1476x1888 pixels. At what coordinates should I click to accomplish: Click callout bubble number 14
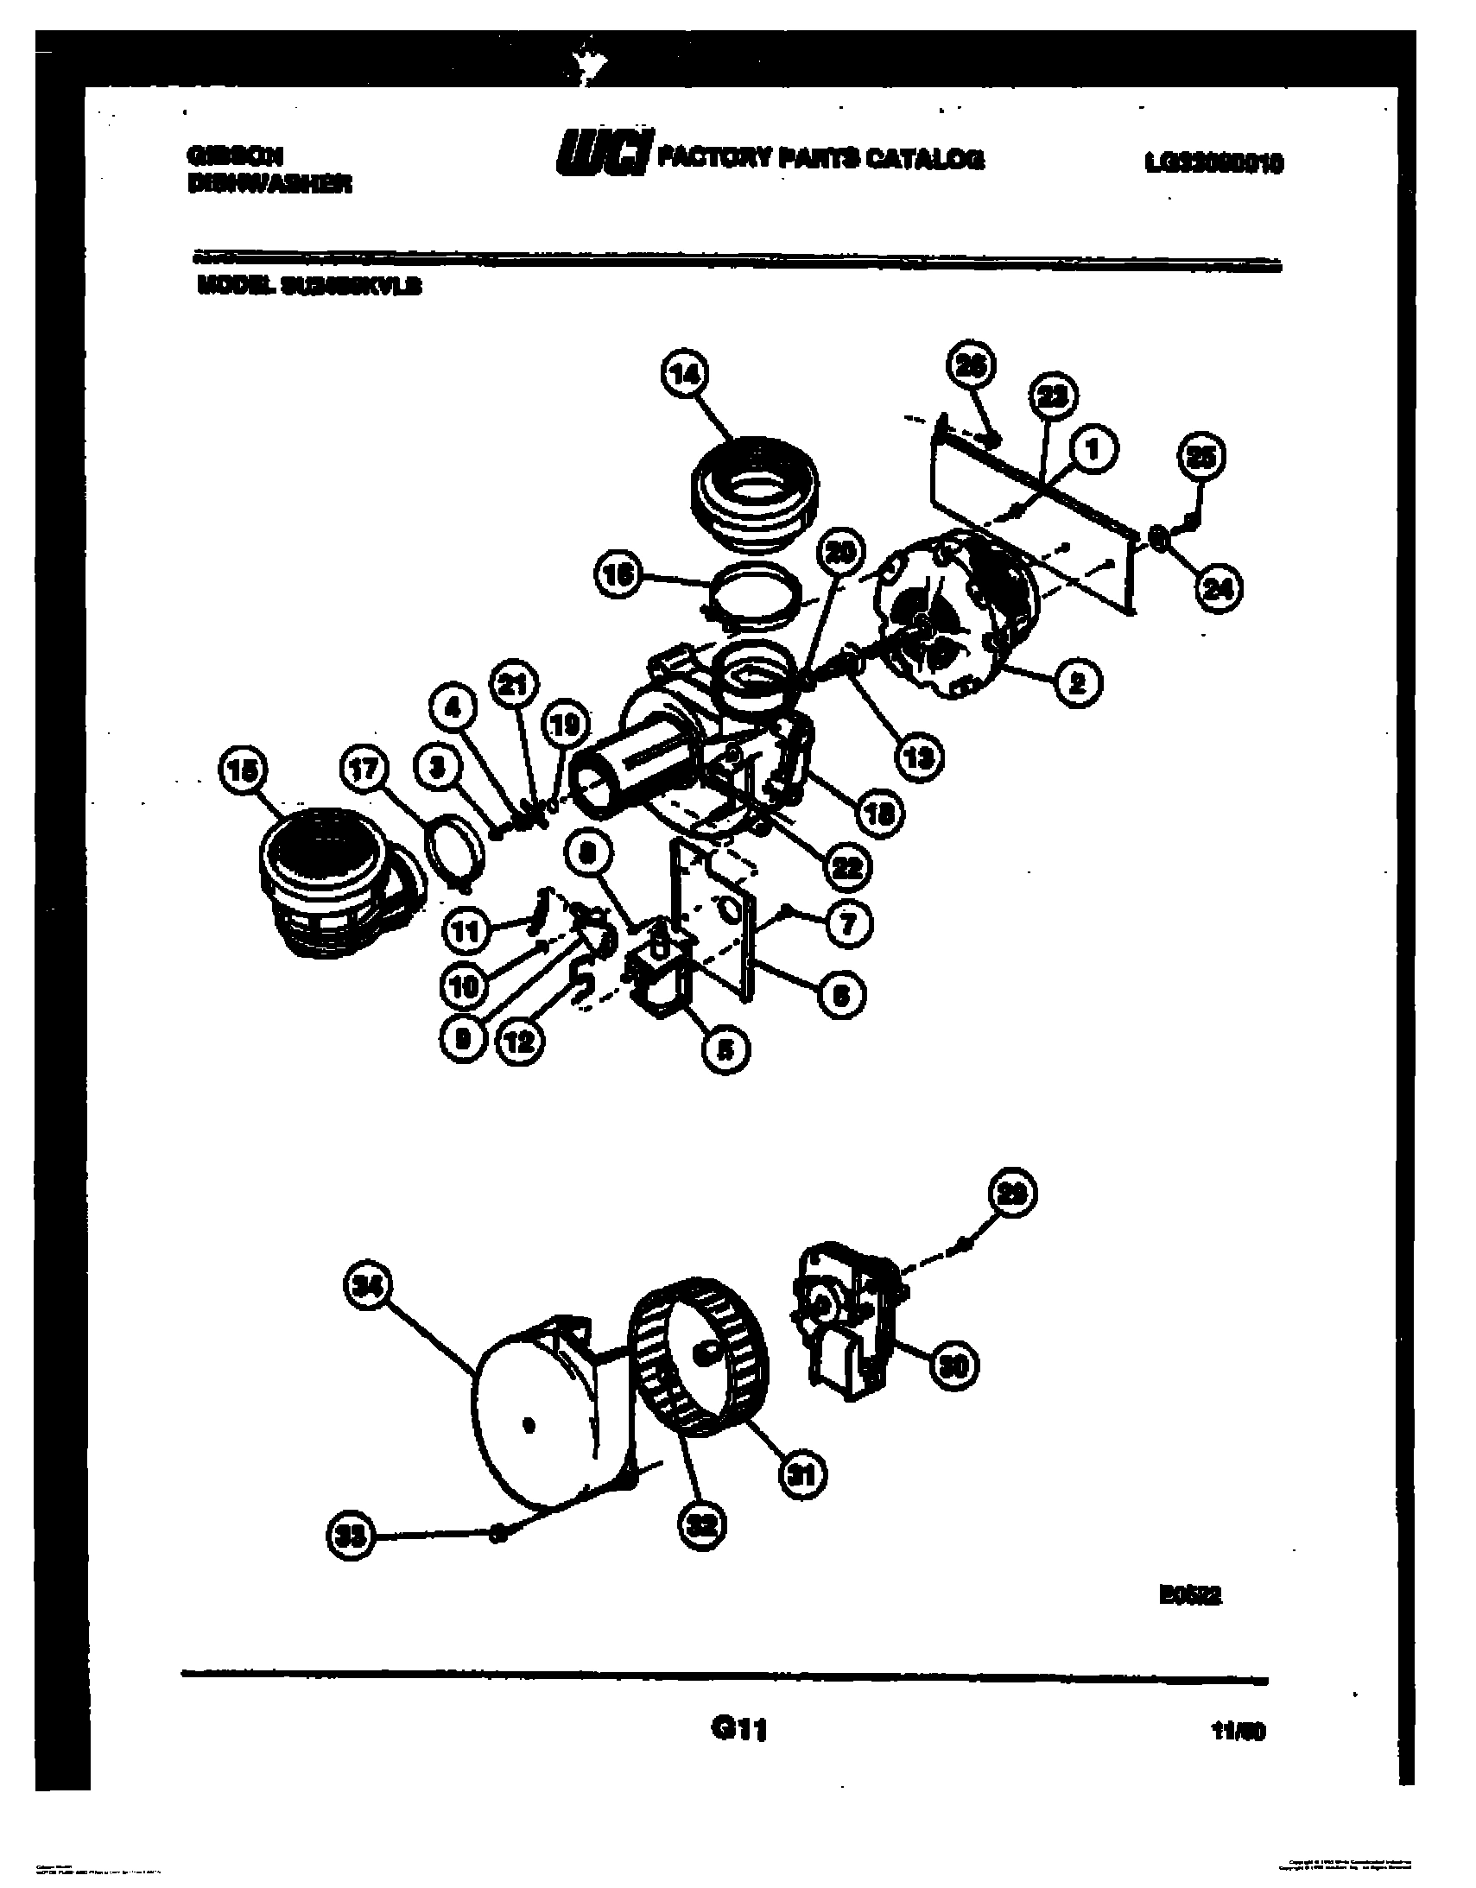pos(686,375)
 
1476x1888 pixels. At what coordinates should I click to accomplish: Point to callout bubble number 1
pos(1092,449)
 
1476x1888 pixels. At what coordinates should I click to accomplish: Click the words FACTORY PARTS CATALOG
pos(820,158)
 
